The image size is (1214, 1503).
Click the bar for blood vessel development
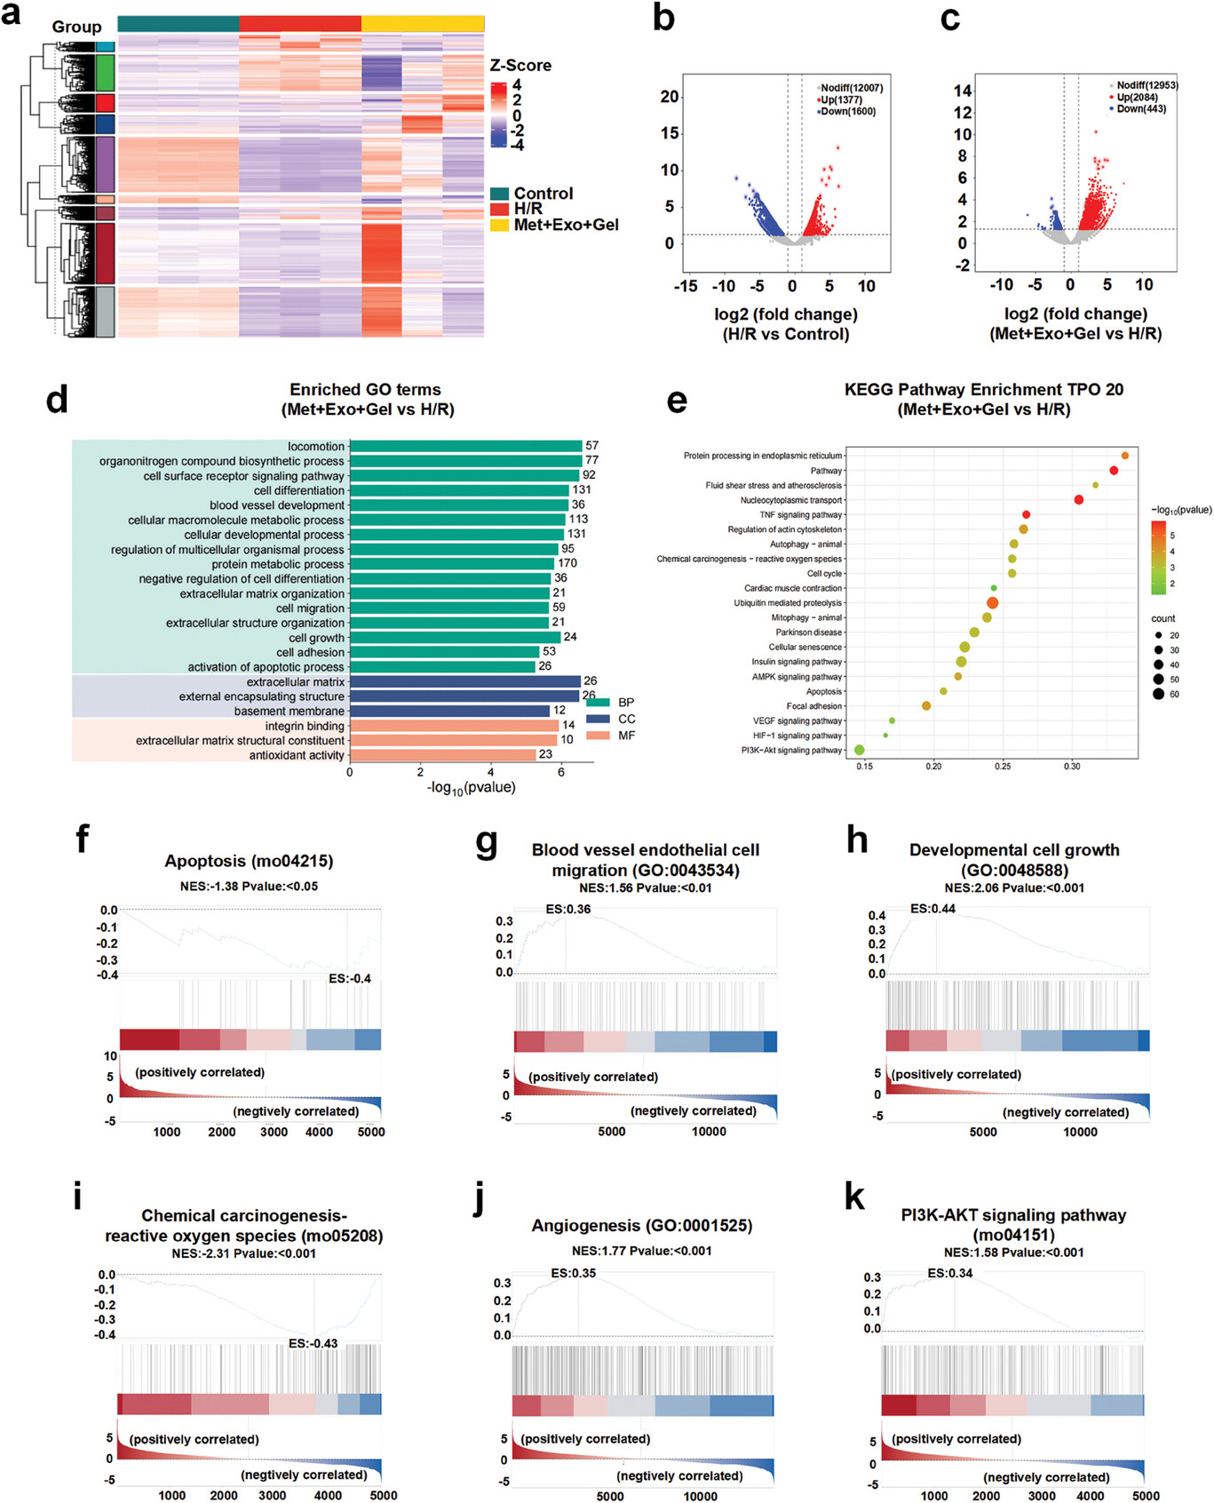pyautogui.click(x=458, y=505)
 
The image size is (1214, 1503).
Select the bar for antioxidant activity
pyautogui.click(x=442, y=755)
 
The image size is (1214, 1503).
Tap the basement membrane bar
pyautogui.click(x=449, y=711)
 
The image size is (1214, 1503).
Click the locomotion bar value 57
pyautogui.click(x=591, y=446)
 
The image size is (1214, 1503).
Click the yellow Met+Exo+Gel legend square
pyautogui.click(x=499, y=225)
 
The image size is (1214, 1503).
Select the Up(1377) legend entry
pyautogui.click(x=840, y=99)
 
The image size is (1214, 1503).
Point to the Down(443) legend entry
pyautogui.click(x=1140, y=108)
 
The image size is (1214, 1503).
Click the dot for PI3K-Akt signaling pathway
pyautogui.click(x=860, y=751)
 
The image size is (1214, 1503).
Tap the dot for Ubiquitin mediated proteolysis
pyautogui.click(x=992, y=603)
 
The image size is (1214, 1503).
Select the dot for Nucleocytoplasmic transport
pyautogui.click(x=1078, y=500)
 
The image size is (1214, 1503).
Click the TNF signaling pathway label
pyautogui.click(x=801, y=515)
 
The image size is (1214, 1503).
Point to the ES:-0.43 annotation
pyautogui.click(x=313, y=1343)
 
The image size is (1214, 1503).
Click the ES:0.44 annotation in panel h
pyautogui.click(x=932, y=909)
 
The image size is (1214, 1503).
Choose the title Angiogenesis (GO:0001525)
pyautogui.click(x=641, y=1226)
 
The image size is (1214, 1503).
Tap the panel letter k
pyautogui.click(x=854, y=1197)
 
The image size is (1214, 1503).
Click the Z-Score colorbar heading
pyautogui.click(x=520, y=66)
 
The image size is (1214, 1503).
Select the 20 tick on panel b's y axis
pyautogui.click(x=669, y=97)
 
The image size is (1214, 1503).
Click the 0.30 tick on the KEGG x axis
pyautogui.click(x=1072, y=766)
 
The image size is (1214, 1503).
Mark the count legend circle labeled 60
pyautogui.click(x=1158, y=694)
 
